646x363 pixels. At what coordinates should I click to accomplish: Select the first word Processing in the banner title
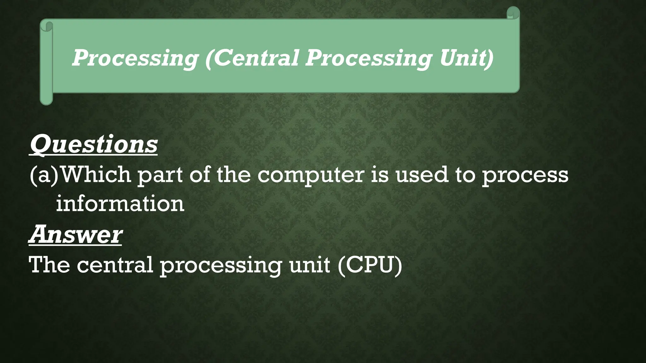[135, 59]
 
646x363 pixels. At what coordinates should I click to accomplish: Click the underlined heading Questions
[93, 144]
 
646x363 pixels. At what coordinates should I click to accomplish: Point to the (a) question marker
[44, 175]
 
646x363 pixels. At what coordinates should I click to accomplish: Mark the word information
[120, 204]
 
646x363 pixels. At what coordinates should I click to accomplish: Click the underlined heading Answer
[75, 234]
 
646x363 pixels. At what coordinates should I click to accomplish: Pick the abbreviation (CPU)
[370, 265]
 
